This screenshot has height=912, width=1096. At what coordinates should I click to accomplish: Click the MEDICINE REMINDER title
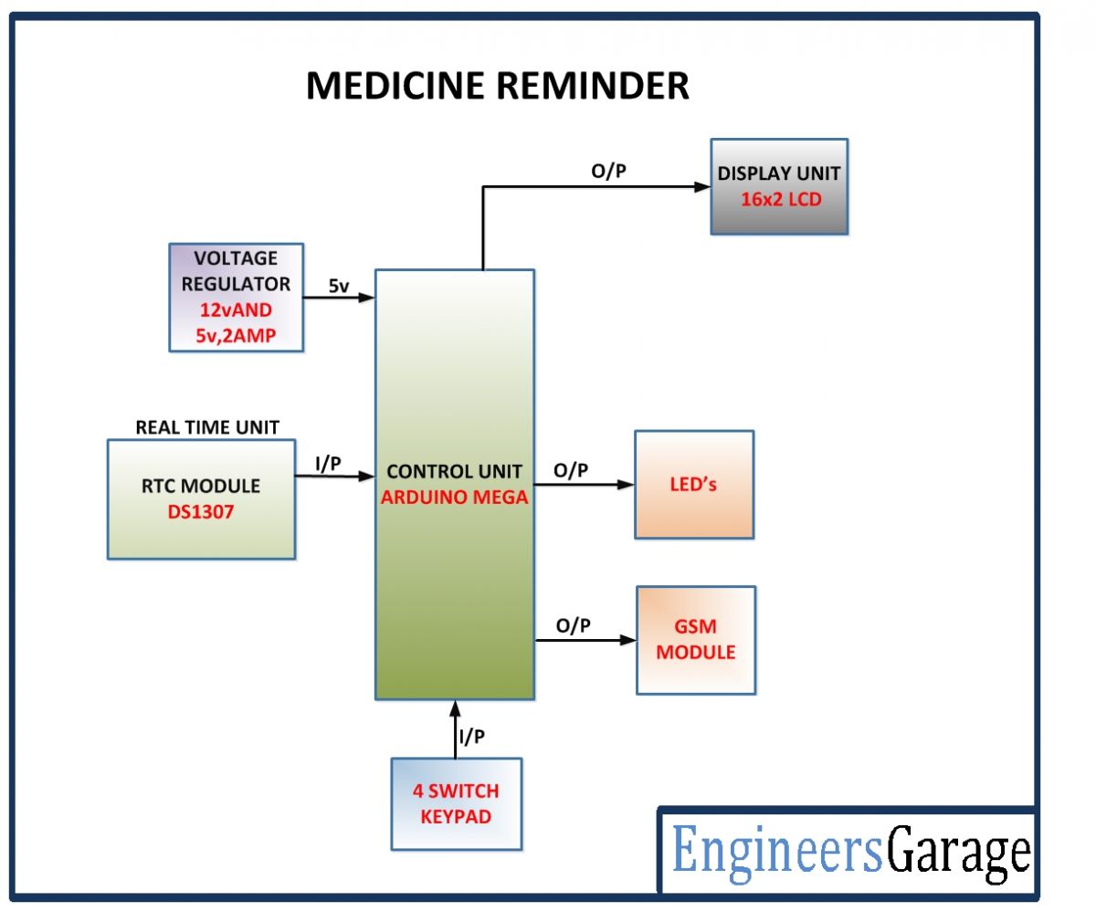tap(497, 86)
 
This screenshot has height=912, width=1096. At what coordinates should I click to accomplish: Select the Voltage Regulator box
tap(236, 298)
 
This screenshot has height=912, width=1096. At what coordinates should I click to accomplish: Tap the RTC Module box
tap(201, 499)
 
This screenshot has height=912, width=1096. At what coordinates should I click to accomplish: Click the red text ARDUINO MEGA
tap(454, 499)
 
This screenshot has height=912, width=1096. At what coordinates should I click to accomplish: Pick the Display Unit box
tap(779, 187)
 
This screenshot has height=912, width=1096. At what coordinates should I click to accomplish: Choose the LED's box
tap(694, 485)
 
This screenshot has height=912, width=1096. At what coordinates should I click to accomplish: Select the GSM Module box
tap(696, 640)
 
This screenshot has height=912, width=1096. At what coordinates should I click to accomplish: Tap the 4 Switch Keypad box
tap(457, 803)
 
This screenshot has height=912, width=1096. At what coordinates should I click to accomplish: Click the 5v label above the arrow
tap(338, 286)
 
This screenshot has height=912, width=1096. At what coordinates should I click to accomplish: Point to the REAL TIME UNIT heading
tap(207, 427)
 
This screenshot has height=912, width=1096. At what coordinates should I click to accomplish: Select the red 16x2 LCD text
tap(779, 200)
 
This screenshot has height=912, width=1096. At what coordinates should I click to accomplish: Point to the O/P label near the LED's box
tap(572, 470)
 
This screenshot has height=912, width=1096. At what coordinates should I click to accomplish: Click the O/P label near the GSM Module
tap(574, 625)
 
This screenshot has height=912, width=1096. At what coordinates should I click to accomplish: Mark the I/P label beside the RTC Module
tap(327, 464)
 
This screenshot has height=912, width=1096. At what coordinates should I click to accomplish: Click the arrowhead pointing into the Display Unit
tap(703, 187)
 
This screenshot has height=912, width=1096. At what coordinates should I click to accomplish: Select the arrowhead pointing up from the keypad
tap(455, 708)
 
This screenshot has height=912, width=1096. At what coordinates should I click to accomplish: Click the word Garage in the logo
tap(959, 854)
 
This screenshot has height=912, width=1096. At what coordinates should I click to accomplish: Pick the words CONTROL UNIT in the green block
tap(454, 472)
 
